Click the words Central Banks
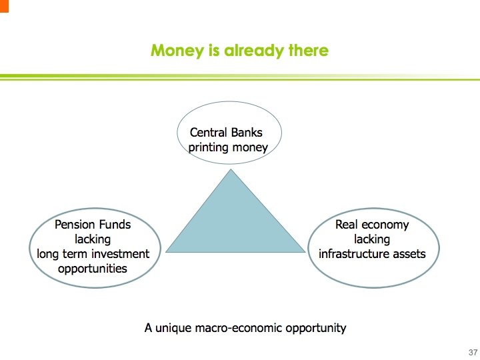226,132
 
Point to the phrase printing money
228,147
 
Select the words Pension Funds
93,225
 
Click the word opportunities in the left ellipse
92,269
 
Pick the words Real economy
371,225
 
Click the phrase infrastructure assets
371,254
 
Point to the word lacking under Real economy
371,239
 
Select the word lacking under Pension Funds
93,239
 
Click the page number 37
473,352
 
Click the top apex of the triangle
231,170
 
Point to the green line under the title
240,77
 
